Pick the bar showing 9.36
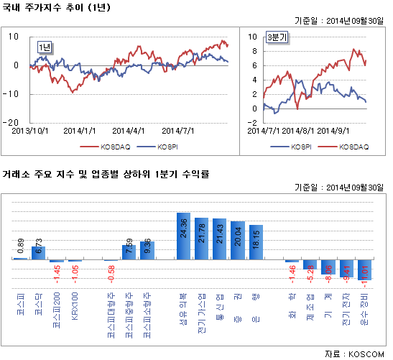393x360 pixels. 147,251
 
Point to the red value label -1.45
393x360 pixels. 56,270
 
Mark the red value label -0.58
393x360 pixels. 111,271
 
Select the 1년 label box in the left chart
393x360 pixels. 45,47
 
